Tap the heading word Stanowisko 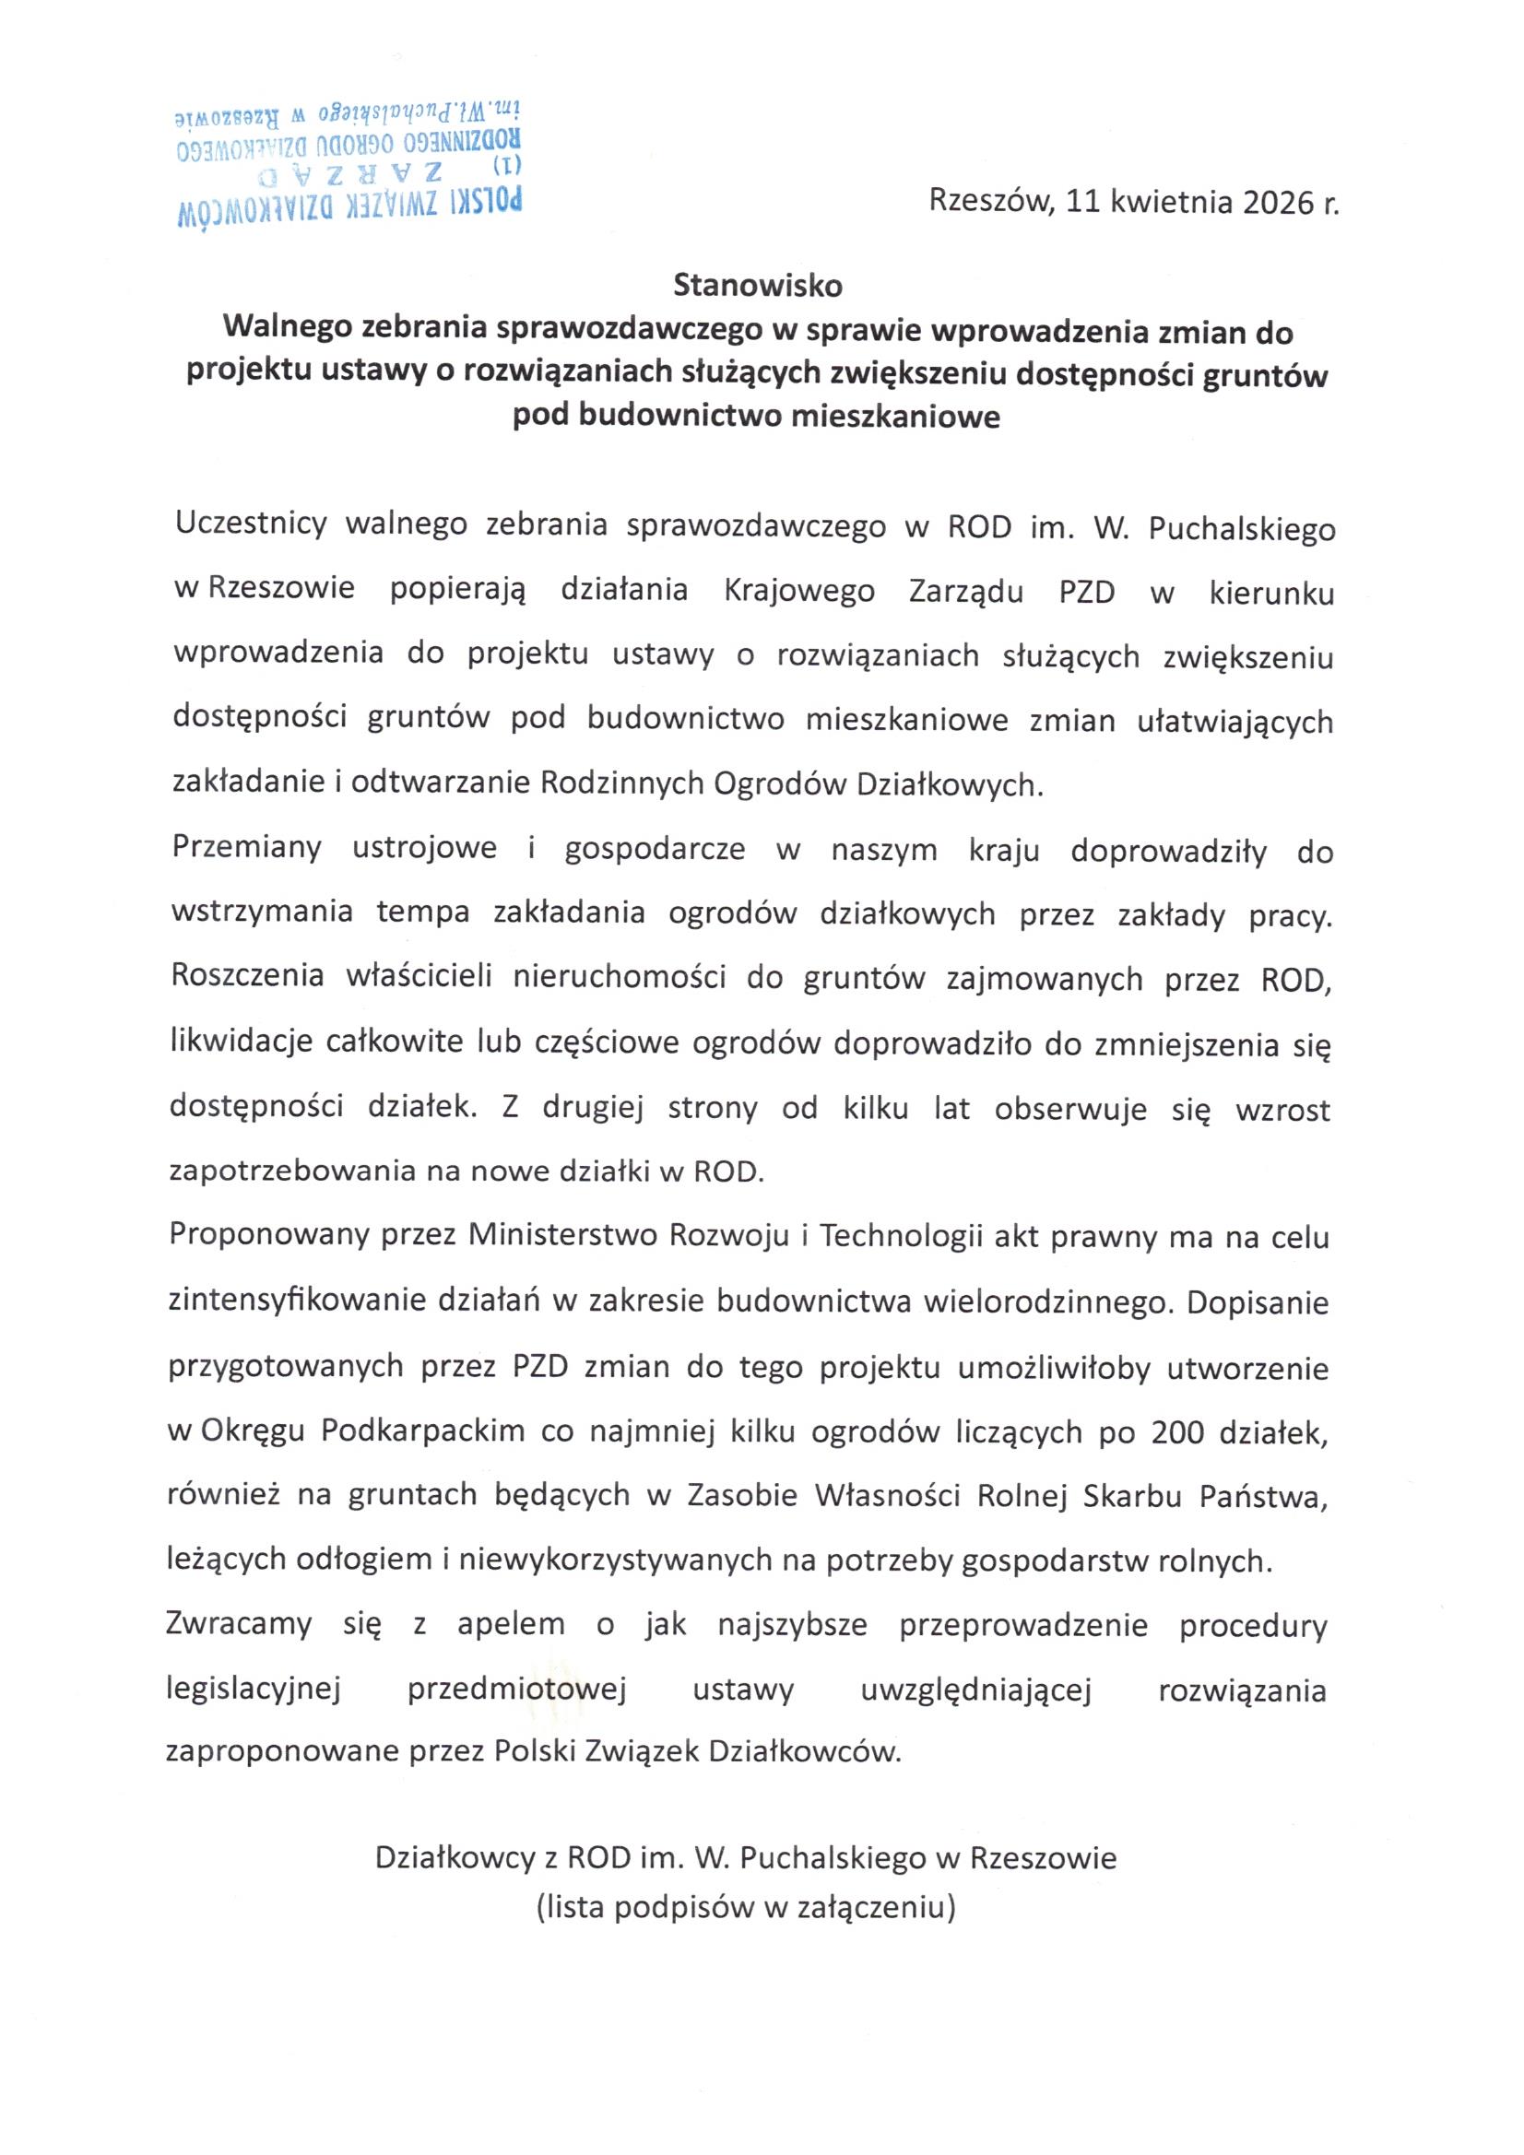coord(758,285)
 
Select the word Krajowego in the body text coord(800,592)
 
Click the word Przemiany coord(247,848)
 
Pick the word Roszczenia coord(248,977)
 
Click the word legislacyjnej coord(253,1690)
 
